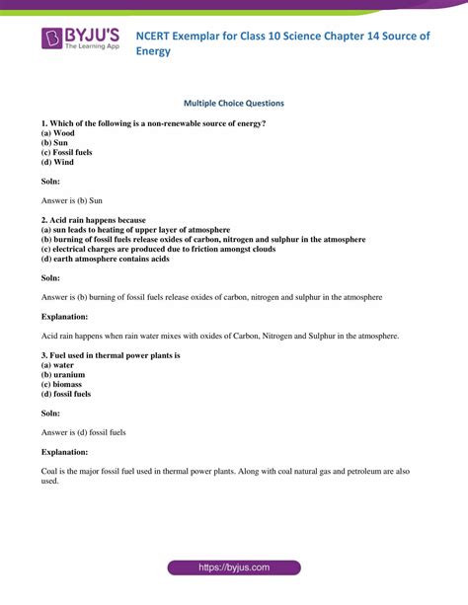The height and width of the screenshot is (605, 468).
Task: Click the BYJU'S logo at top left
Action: click(79, 39)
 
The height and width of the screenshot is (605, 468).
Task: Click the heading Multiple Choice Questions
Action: click(234, 102)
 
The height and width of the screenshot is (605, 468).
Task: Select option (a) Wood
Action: click(58, 132)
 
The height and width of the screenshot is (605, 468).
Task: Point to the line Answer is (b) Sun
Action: click(75, 200)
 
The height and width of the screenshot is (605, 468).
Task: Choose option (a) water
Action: click(58, 364)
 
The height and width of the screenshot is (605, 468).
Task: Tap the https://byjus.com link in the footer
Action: click(234, 568)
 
